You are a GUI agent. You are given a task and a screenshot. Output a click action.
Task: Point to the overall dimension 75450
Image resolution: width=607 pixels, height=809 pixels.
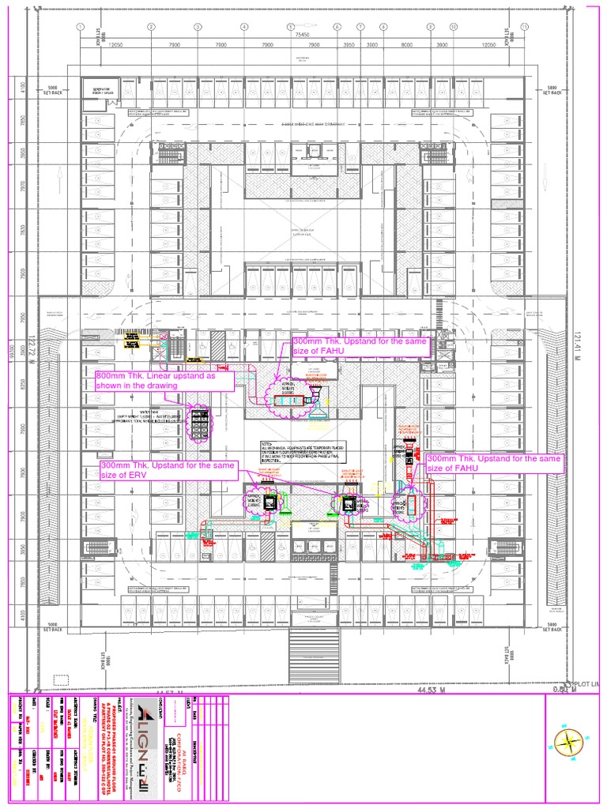pos(302,36)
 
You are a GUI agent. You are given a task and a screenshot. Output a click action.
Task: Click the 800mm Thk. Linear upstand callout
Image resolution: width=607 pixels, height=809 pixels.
pos(164,380)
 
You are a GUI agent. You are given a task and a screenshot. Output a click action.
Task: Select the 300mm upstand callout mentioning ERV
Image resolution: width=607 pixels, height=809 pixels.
pos(168,470)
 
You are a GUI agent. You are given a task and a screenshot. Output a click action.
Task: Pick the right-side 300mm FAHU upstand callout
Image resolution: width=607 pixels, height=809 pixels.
pos(495,463)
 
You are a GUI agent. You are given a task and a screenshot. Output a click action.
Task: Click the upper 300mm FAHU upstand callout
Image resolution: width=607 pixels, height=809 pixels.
pos(361,347)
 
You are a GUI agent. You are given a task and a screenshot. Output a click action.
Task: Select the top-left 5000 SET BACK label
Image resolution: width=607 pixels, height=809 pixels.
pos(53,90)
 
